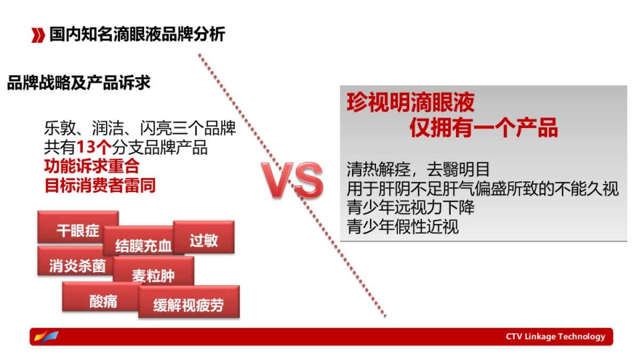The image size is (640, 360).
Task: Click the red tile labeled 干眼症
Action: pyautogui.click(x=78, y=230)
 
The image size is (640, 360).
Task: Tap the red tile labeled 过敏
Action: pyautogui.click(x=204, y=239)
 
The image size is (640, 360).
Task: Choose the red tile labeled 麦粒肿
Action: pyautogui.click(x=153, y=276)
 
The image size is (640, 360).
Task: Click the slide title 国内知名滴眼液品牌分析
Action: pyautogui.click(x=137, y=35)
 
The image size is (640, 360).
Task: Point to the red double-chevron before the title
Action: pyautogui.click(x=38, y=36)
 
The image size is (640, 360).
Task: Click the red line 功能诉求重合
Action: pyautogui.click(x=92, y=166)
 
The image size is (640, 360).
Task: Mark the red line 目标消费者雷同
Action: pyautogui.click(x=100, y=186)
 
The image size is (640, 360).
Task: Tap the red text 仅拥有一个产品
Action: pyautogui.click(x=483, y=128)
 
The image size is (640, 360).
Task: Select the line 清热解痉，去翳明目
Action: pyautogui.click(x=418, y=170)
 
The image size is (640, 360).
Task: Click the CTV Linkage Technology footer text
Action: pyautogui.click(x=555, y=337)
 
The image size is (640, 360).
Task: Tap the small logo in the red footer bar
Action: pyautogui.click(x=46, y=337)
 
